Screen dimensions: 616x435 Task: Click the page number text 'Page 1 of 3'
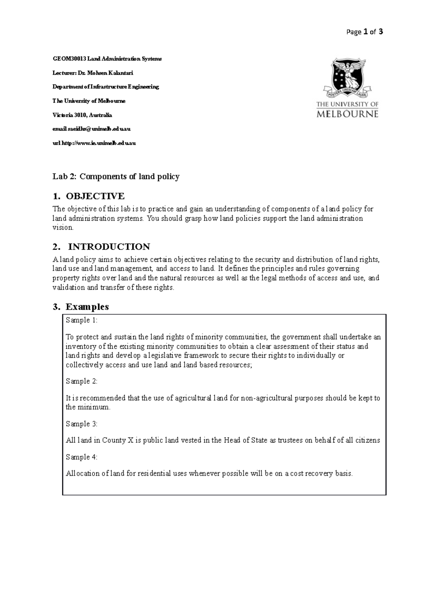tap(365, 32)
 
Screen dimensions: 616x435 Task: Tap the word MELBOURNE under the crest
tap(348, 114)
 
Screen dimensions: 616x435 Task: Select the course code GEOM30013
tap(66, 59)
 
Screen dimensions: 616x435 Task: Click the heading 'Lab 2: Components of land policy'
tap(116, 177)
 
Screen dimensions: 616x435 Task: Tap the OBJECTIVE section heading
tap(95, 196)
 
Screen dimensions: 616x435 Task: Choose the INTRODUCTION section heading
tap(109, 247)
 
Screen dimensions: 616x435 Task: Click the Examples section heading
tap(87, 307)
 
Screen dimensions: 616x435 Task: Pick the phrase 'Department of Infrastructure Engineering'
tap(106, 87)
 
